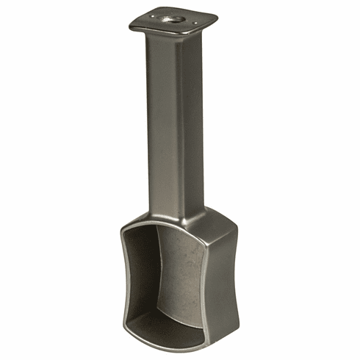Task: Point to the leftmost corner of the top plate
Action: [x=130, y=26]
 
